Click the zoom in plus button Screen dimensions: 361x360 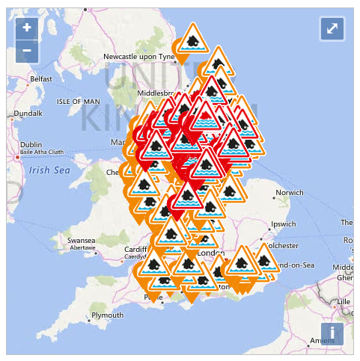[27, 28]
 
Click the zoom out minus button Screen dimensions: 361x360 [27, 51]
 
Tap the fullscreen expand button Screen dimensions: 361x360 [332, 28]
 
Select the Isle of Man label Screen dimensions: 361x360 [78, 101]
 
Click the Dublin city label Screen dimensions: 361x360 [31, 145]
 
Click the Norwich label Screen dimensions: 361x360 [290, 193]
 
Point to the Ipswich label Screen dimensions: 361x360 [285, 223]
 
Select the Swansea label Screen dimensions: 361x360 [81, 241]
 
